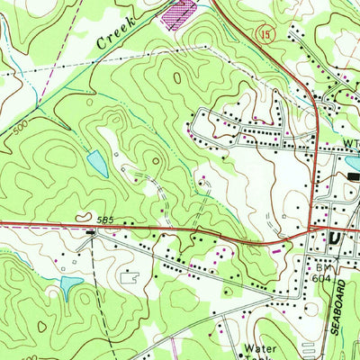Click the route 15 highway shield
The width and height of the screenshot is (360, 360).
pos(269,57)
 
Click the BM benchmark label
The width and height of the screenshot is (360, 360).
pos(323,267)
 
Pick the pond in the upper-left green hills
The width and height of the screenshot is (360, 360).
pos(97,163)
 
